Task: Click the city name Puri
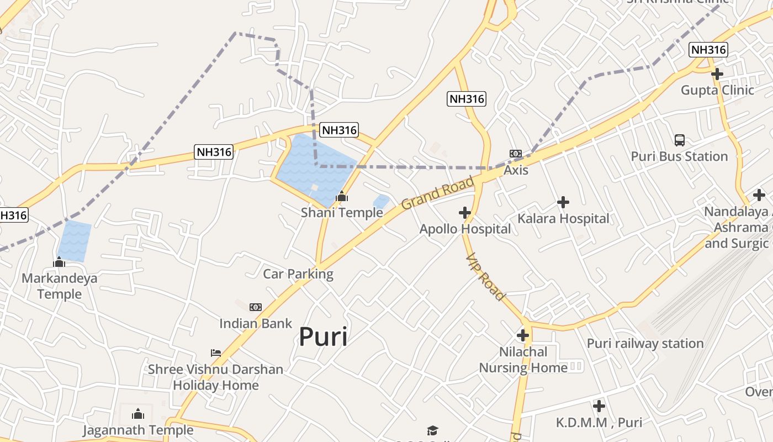point(323,336)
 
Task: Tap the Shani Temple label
point(342,213)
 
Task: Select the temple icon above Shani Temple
point(342,196)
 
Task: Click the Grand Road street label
point(438,193)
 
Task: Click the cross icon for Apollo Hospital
point(465,213)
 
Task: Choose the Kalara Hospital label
point(563,219)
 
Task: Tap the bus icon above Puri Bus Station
point(680,140)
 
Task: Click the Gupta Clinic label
point(717,90)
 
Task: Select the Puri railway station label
point(645,344)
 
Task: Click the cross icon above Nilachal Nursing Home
point(522,335)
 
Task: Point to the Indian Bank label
point(256,323)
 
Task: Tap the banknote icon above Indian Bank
point(256,307)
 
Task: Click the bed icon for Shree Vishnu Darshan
point(216,352)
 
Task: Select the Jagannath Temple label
point(138,430)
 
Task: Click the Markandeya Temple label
point(59,286)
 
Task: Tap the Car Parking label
point(298,274)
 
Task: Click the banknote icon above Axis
point(516,154)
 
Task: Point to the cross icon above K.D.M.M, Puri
point(599,407)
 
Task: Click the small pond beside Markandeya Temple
point(74,241)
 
